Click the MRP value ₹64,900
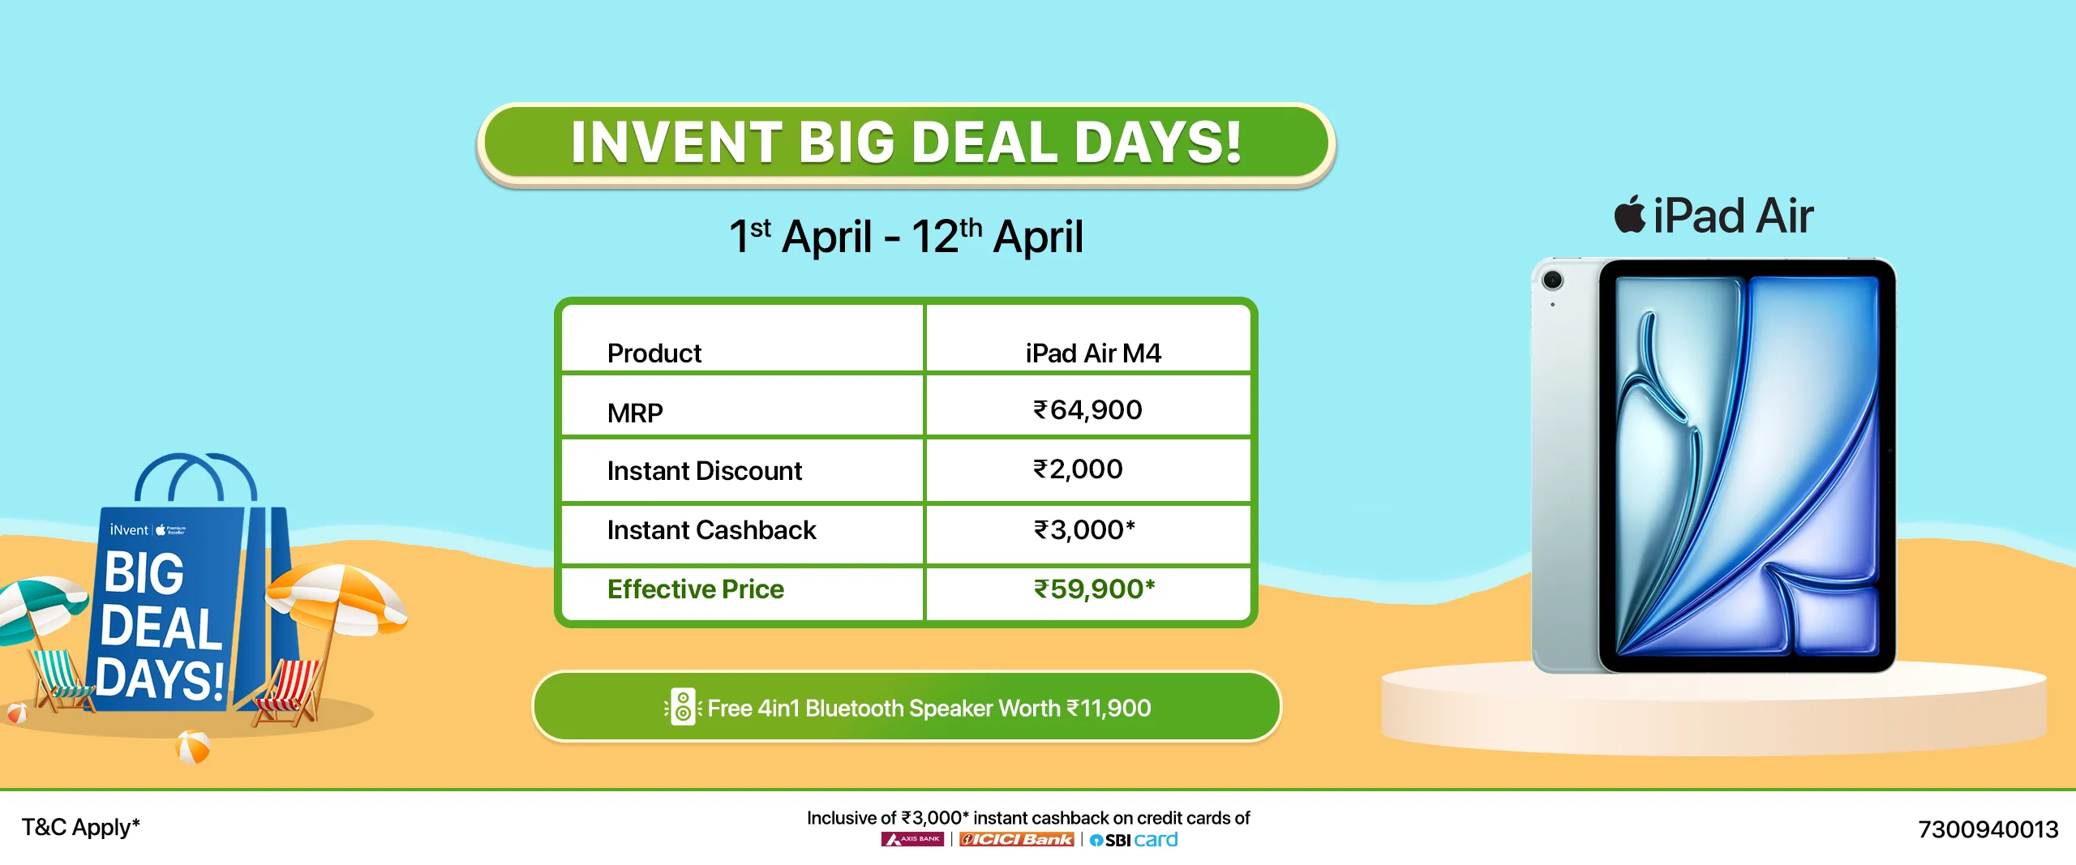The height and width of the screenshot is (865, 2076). click(1087, 410)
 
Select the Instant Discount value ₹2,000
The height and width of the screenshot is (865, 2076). click(1078, 469)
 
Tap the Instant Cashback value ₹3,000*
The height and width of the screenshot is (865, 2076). click(1084, 530)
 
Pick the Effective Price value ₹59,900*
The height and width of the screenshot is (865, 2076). click(1094, 589)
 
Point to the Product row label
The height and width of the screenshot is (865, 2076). click(654, 353)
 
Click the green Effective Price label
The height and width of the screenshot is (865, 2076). click(696, 589)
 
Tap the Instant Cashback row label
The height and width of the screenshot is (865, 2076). click(711, 530)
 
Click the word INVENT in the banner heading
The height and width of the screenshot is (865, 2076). click(676, 143)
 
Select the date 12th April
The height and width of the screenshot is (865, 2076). click(997, 236)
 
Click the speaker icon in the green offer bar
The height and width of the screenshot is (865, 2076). click(683, 707)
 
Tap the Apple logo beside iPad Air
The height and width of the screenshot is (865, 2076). click(1630, 215)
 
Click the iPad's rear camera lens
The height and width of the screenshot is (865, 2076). click(1552, 280)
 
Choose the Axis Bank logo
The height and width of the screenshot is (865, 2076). click(912, 840)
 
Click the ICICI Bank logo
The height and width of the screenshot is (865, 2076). click(1017, 840)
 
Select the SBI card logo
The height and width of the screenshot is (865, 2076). click(1134, 840)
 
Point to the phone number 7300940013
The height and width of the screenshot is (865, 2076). click(1988, 829)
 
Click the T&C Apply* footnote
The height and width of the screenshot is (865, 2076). click(80, 827)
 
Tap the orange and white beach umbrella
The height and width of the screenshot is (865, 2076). click(337, 596)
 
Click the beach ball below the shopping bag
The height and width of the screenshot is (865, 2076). click(193, 747)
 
